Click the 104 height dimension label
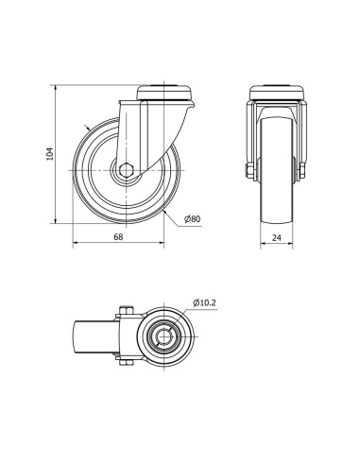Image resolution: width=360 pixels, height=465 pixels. coord(50,154)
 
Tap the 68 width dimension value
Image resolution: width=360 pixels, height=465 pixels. coord(118,236)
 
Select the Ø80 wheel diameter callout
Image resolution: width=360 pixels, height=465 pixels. coord(193,218)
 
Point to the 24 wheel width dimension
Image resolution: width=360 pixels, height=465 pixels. coord(277,237)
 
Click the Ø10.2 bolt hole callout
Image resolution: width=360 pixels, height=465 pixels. coord(204,303)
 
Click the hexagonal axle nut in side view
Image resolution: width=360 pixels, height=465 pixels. coord(127,170)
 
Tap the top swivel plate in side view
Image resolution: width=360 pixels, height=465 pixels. coord(164,93)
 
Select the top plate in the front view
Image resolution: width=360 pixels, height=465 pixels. coord(277,93)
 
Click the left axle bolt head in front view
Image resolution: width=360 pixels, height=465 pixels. coord(249,171)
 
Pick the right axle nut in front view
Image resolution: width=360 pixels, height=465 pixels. coord(301,171)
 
